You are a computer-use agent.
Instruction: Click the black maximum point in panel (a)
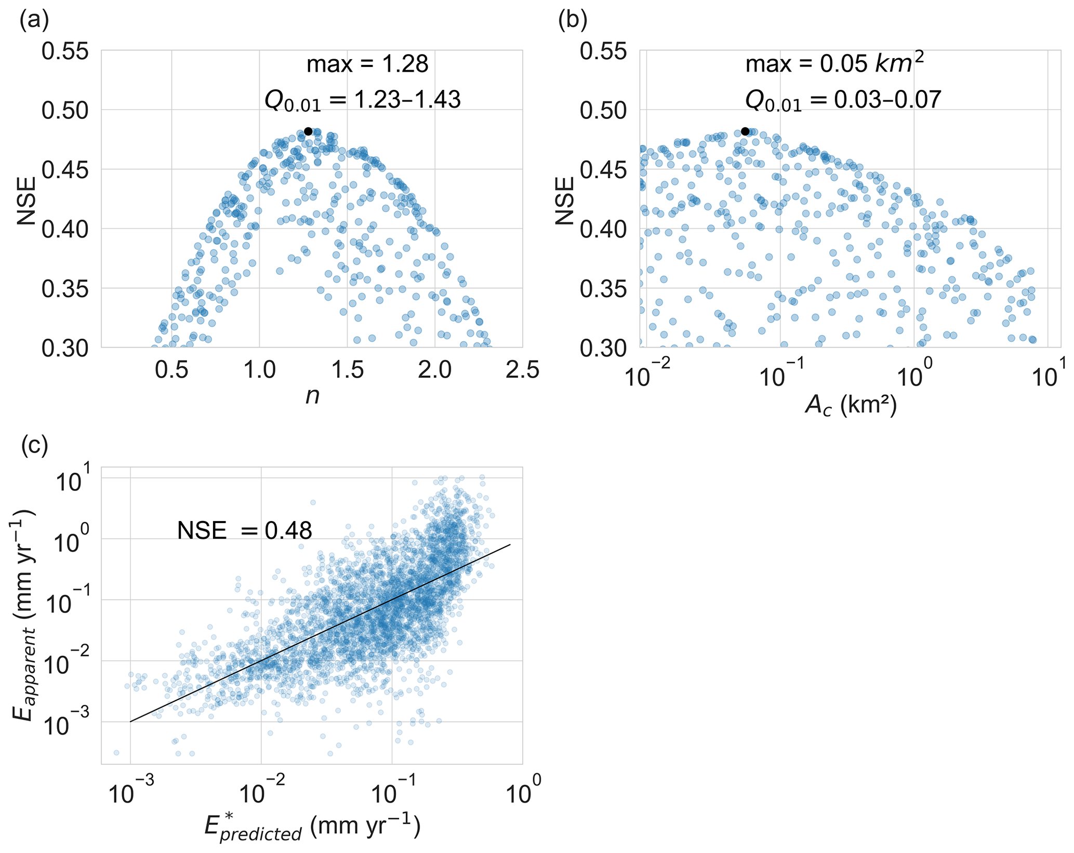[308, 131]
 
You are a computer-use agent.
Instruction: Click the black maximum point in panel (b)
[745, 131]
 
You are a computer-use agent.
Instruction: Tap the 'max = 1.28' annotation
[367, 64]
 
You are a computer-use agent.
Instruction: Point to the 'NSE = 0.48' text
[244, 530]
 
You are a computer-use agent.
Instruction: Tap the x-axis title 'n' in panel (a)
[312, 396]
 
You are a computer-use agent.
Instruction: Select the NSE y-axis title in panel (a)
[26, 201]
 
